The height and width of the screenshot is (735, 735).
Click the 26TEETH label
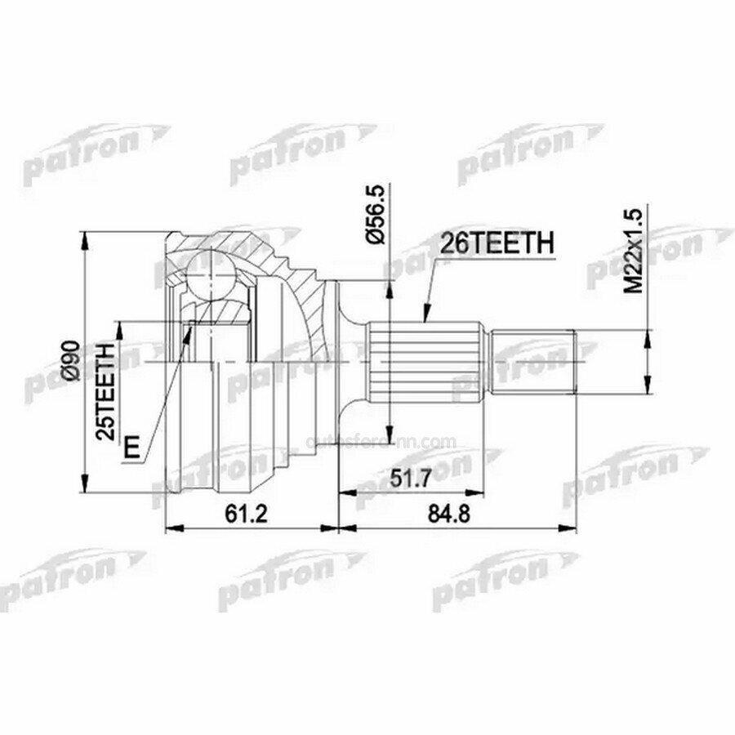[497, 244]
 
